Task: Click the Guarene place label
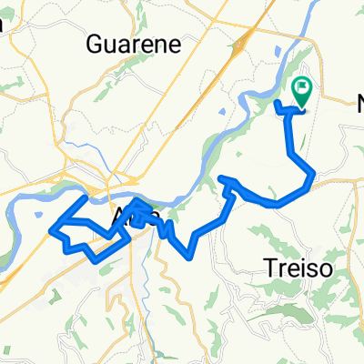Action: coord(146,44)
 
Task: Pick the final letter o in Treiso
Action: coord(318,269)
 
